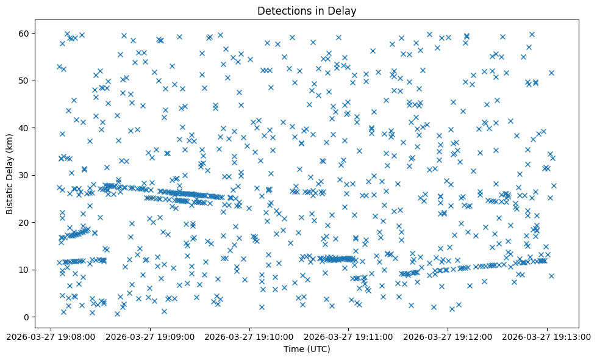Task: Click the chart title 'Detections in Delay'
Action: [307, 10]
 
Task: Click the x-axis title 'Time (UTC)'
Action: [307, 349]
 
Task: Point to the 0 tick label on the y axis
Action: [26, 317]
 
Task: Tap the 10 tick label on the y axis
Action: [24, 270]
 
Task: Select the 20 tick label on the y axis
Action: [24, 223]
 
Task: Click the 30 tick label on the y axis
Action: [24, 175]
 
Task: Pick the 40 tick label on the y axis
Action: [24, 128]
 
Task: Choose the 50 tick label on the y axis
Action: [24, 81]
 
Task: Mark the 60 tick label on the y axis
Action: [24, 33]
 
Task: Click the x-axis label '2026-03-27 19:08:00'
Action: [52, 336]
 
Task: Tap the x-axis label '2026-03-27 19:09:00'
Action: [151, 336]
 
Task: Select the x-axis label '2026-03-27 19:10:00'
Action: [250, 336]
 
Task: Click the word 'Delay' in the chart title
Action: [343, 10]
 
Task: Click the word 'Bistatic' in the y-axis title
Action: [10, 197]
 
